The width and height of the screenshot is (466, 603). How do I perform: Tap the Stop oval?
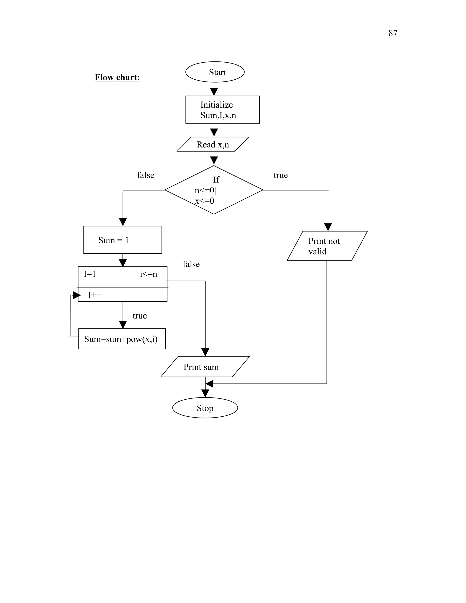click(x=205, y=408)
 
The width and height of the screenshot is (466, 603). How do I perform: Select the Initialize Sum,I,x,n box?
click(x=223, y=110)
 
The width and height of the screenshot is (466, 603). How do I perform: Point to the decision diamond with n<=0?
click(x=214, y=190)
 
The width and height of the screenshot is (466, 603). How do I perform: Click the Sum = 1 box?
click(x=123, y=240)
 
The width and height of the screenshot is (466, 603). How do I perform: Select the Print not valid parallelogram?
click(x=327, y=246)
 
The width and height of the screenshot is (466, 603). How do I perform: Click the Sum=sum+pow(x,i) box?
click(x=122, y=339)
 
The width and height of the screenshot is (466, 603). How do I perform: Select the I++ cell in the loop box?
click(x=123, y=295)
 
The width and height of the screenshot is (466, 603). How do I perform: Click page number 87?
click(x=393, y=33)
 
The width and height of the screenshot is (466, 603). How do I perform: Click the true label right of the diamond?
click(x=281, y=175)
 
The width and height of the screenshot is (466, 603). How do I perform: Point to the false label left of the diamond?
click(x=145, y=175)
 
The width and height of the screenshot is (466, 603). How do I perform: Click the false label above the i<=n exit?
click(x=191, y=264)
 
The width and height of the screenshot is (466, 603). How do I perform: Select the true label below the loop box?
click(x=139, y=316)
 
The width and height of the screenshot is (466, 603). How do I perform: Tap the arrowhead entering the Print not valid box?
click(x=328, y=227)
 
